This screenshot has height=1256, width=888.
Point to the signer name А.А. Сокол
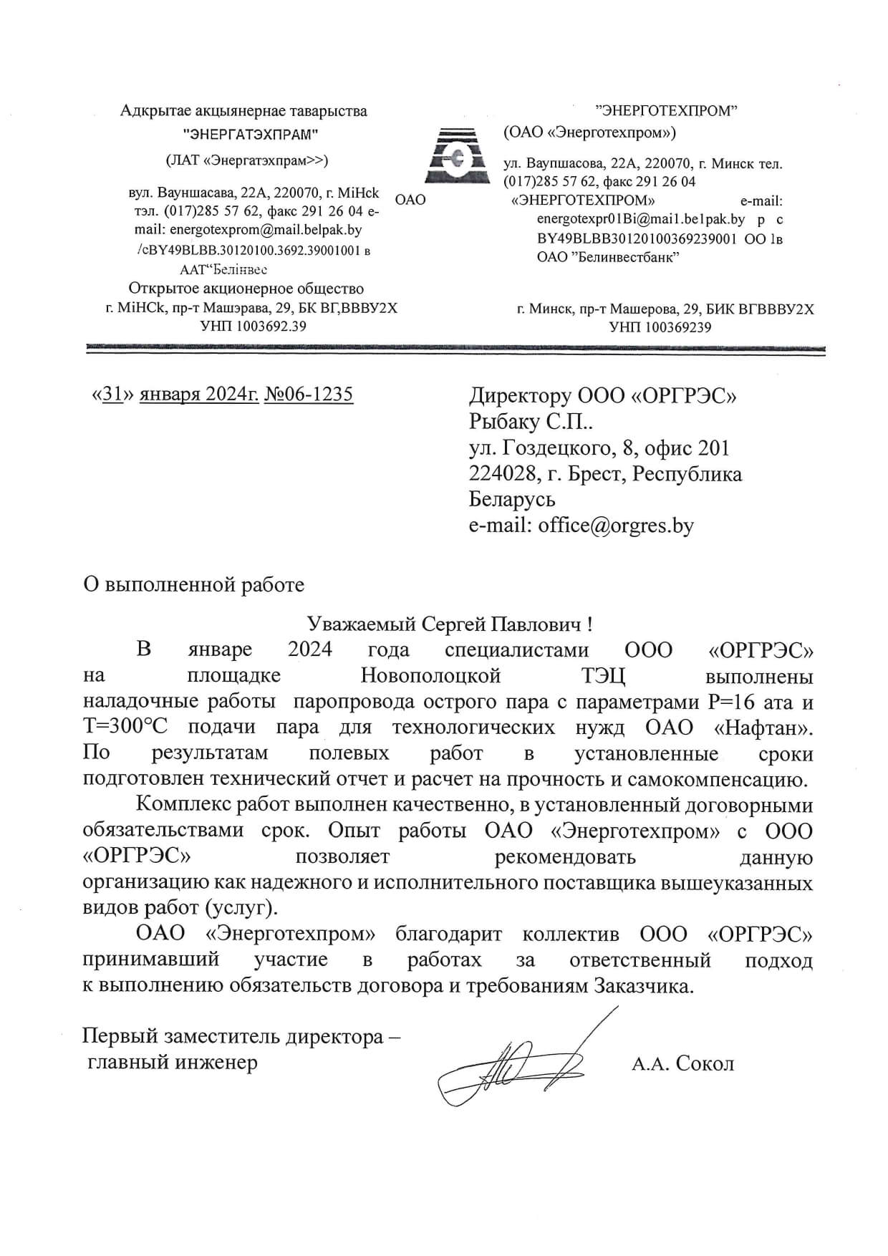(682, 1063)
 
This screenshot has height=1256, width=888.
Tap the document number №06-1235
(309, 394)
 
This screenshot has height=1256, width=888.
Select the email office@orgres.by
(616, 526)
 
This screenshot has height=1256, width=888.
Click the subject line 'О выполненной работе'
(194, 584)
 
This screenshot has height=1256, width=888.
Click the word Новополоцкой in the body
(430, 675)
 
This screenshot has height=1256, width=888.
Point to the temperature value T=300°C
(125, 727)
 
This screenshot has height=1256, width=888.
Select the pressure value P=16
(734, 701)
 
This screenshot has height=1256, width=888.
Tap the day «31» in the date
(110, 394)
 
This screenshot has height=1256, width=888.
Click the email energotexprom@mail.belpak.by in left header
(265, 231)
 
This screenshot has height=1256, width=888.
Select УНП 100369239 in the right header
(660, 328)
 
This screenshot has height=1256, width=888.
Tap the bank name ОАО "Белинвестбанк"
(608, 257)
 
